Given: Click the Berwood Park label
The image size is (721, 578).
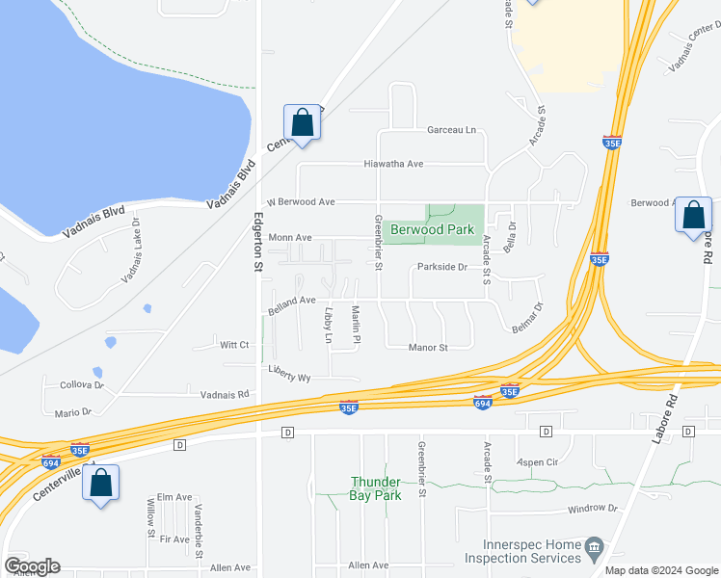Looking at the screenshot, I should (x=433, y=230).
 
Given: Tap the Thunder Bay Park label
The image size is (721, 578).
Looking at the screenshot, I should (x=375, y=488).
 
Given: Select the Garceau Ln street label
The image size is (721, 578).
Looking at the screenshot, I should (x=452, y=129).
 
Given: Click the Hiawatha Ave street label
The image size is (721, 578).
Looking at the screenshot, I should (x=393, y=164).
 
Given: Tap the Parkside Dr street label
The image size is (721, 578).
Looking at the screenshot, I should (x=442, y=268).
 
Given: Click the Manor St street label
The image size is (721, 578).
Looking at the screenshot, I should (x=429, y=347).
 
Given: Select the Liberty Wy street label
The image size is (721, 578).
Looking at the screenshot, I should (x=289, y=378).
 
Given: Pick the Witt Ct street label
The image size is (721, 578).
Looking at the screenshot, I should (x=234, y=345).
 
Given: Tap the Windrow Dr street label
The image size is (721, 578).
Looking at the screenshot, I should (x=592, y=508).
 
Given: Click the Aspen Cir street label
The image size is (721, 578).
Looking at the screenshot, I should (x=538, y=462).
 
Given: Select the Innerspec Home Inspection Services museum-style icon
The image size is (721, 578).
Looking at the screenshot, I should (x=594, y=550).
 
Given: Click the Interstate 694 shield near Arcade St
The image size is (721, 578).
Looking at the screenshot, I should (x=483, y=402).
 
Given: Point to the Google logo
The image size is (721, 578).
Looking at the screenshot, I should (x=32, y=566).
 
